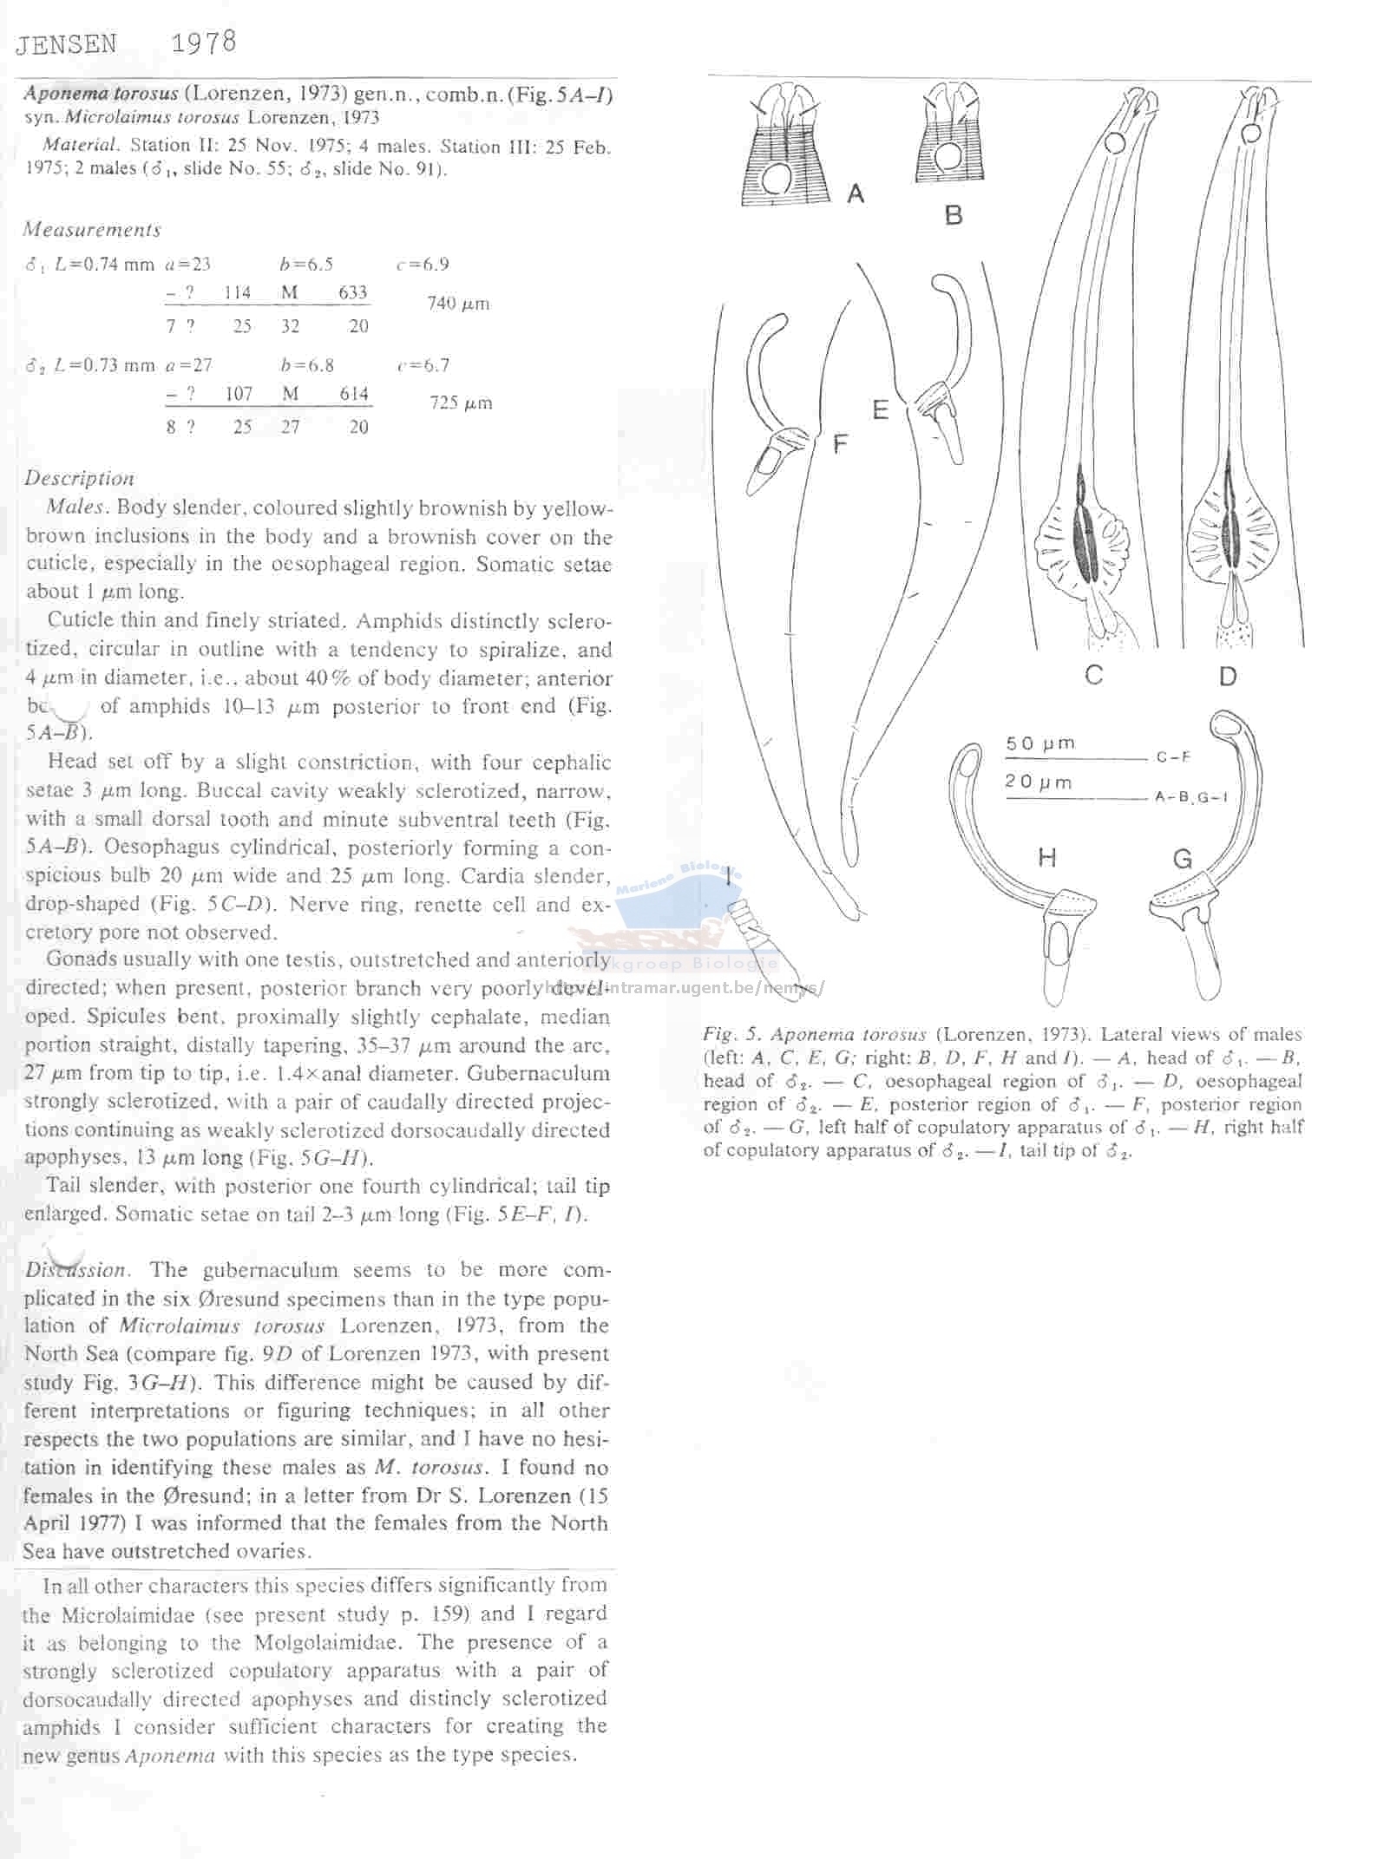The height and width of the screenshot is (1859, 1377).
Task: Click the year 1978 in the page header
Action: [203, 43]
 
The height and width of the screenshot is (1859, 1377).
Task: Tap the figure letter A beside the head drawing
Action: [856, 193]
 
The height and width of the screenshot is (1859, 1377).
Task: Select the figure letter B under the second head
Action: [954, 215]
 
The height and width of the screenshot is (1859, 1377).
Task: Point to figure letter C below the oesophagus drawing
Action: [1093, 674]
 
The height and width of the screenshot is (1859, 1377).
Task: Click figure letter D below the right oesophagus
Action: [1227, 676]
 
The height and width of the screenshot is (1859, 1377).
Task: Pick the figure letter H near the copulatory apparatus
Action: [1047, 858]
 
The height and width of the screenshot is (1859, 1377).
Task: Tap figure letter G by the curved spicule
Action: [1183, 859]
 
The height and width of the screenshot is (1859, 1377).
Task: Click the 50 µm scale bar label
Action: [1039, 743]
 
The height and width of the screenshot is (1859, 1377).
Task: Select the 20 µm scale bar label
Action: [1039, 782]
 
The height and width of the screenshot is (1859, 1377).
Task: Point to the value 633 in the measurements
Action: [352, 292]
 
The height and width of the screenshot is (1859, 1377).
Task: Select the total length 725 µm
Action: [461, 403]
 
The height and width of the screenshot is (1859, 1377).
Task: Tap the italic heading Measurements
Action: [92, 230]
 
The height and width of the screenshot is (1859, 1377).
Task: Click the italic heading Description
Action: [79, 478]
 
